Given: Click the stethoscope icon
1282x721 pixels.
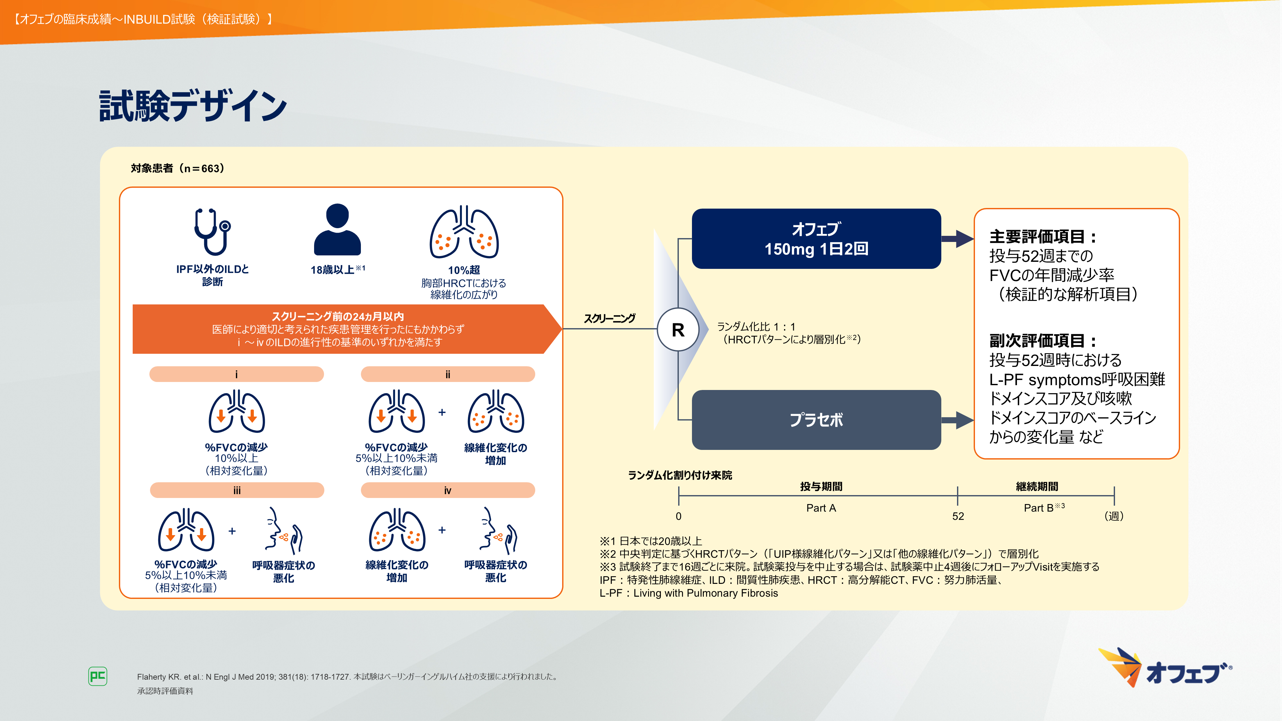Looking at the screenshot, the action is tap(212, 232).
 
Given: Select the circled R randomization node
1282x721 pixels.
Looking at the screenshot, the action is tap(678, 329).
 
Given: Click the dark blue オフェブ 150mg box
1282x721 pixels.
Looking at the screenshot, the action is tap(816, 239).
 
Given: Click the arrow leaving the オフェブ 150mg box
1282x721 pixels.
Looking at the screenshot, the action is tap(958, 239).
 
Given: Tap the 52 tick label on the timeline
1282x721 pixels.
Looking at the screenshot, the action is tap(958, 517).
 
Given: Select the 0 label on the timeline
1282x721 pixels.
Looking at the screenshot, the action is tap(678, 517).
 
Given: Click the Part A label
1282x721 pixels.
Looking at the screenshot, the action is tap(821, 508).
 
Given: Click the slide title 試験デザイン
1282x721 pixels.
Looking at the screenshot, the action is tap(193, 105).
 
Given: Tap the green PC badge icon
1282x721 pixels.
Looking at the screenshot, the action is tap(97, 676).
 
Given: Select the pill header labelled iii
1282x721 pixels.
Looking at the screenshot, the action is tap(237, 490).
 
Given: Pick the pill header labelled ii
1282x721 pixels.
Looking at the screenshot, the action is tap(448, 374).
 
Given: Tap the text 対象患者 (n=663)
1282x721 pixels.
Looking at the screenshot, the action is tap(178, 168).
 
